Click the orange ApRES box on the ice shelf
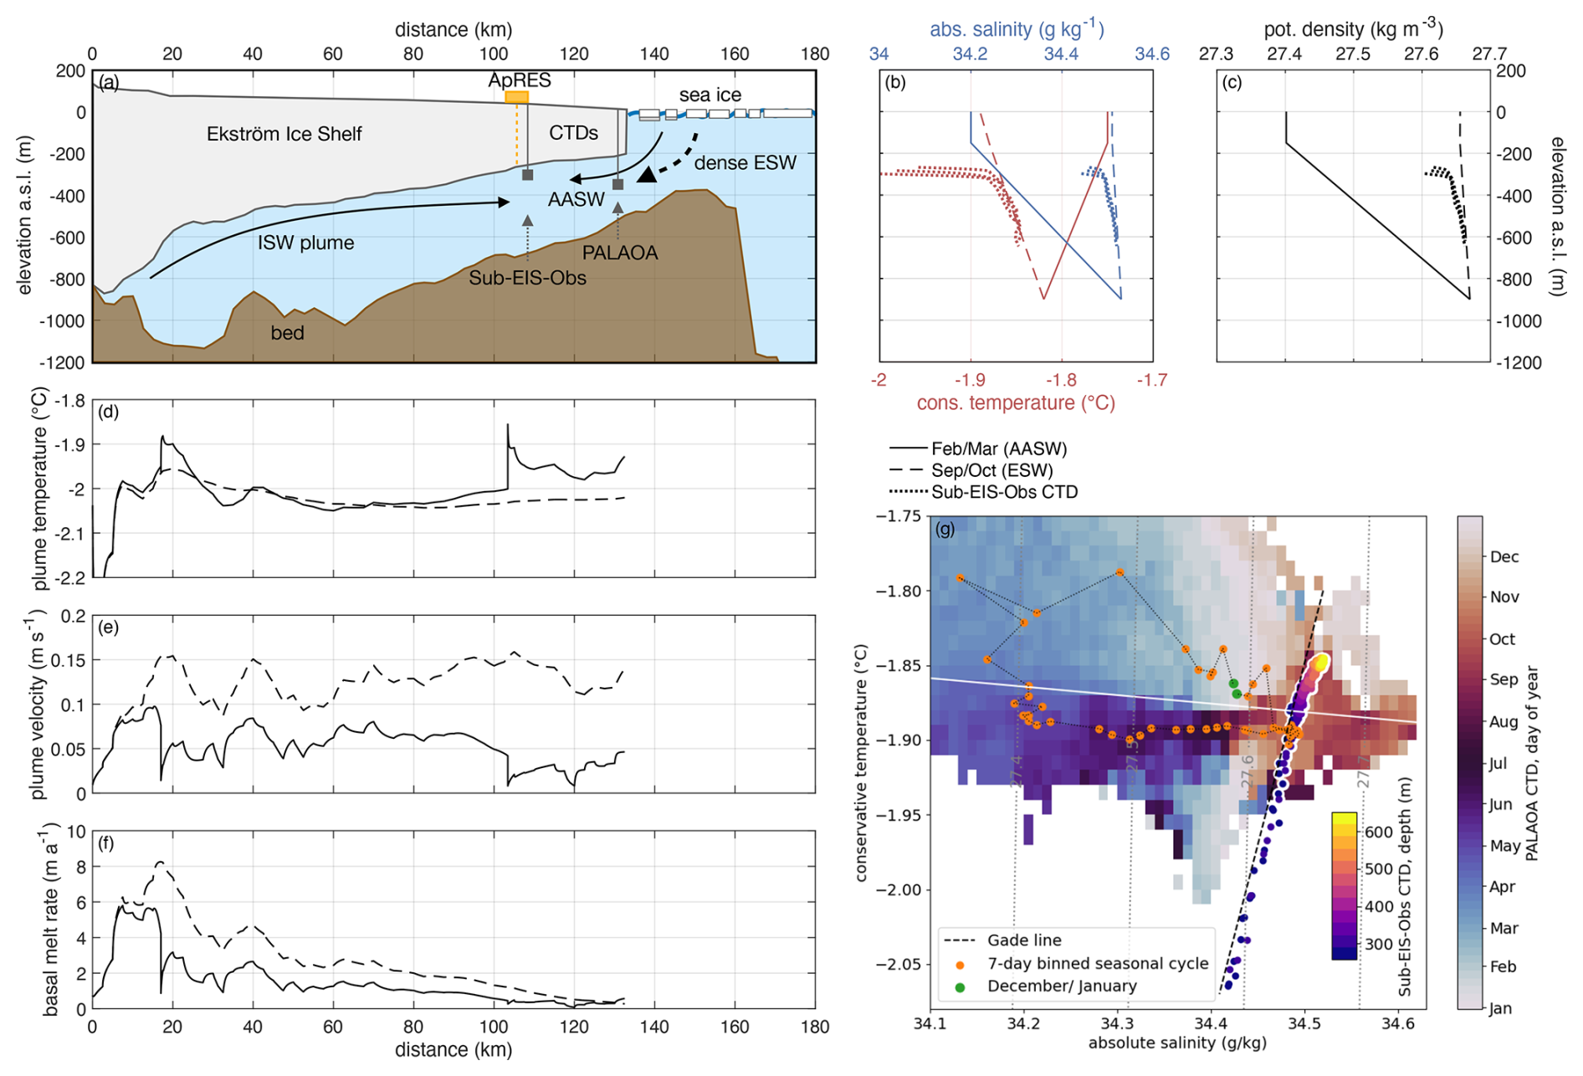tap(516, 97)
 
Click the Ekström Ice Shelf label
tap(284, 134)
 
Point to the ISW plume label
tap(305, 243)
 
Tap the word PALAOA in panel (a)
tap(620, 253)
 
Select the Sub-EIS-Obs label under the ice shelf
tap(527, 278)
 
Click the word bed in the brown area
tap(287, 333)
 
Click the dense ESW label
tap(745, 163)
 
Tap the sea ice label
tap(710, 95)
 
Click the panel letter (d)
tap(109, 412)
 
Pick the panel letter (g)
tap(945, 529)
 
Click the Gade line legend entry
tap(1024, 940)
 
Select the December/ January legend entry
tap(1061, 986)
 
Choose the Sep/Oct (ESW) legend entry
tap(991, 470)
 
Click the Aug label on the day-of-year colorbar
tap(1504, 721)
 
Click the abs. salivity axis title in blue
tap(1017, 29)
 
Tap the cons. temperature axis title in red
tap(1016, 403)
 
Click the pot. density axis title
tap(1353, 29)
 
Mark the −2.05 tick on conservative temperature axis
tap(899, 964)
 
